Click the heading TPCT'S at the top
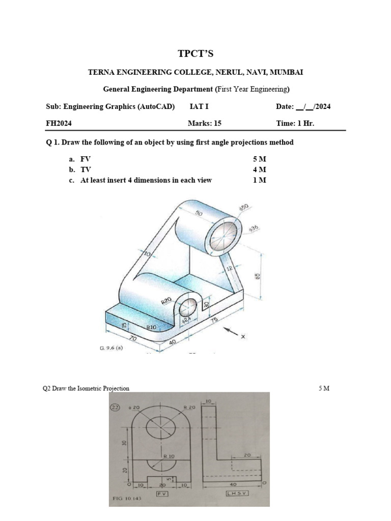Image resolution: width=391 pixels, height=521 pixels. click(x=195, y=54)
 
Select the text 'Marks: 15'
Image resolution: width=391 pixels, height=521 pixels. click(x=205, y=123)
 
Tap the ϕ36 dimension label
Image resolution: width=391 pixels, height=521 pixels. click(x=255, y=229)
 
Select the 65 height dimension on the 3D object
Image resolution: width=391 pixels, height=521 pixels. click(x=258, y=276)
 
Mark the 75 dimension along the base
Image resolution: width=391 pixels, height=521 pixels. click(x=213, y=320)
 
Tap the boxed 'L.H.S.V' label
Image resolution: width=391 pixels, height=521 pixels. click(x=237, y=494)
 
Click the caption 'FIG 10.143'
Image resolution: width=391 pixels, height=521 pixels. click(x=126, y=499)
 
